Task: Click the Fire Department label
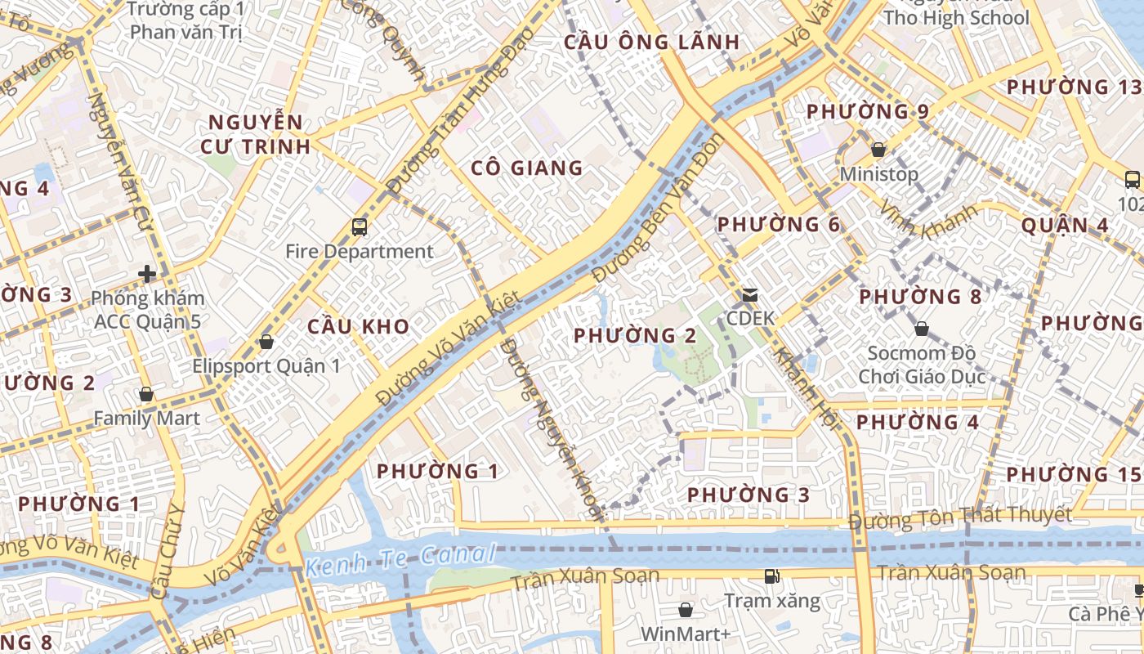coord(359,251)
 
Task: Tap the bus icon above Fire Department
coord(359,226)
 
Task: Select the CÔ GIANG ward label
coord(527,168)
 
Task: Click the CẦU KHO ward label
coord(358,326)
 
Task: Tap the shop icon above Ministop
coord(878,150)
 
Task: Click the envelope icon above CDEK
coord(749,295)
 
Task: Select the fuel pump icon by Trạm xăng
coord(771,577)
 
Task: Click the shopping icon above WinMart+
coord(686,610)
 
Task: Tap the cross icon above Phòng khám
coord(147,274)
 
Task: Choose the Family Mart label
coord(146,419)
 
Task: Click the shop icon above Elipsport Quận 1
coord(266,342)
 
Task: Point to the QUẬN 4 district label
coord(1066,226)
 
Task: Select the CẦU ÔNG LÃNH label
coord(651,43)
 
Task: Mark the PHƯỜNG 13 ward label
coord(1073,87)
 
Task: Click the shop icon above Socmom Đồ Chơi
coord(921,329)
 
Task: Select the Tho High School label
coord(956,18)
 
